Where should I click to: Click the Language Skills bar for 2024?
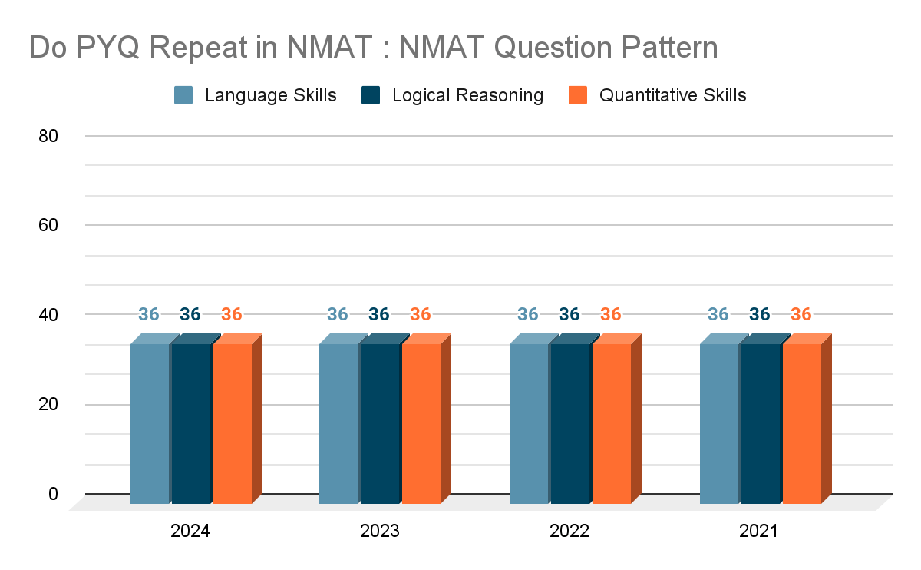point(150,423)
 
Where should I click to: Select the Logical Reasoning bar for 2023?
point(380,423)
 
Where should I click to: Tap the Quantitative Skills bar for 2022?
point(612,423)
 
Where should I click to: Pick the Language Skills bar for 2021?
point(719,423)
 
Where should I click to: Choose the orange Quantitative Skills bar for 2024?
point(233,423)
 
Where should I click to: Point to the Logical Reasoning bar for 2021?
point(761,423)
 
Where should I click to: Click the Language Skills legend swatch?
point(183,95)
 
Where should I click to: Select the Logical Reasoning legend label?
point(467,95)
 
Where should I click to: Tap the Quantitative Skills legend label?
point(672,95)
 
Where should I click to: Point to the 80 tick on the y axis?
point(48,136)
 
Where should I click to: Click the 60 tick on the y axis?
point(48,225)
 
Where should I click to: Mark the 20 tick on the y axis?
point(48,404)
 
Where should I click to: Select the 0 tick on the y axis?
point(53,493)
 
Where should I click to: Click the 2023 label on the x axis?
point(380,531)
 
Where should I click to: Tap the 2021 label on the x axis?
point(759,531)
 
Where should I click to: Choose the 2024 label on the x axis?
point(190,531)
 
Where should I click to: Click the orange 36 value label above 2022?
point(610,314)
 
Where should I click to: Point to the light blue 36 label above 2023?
point(338,314)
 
